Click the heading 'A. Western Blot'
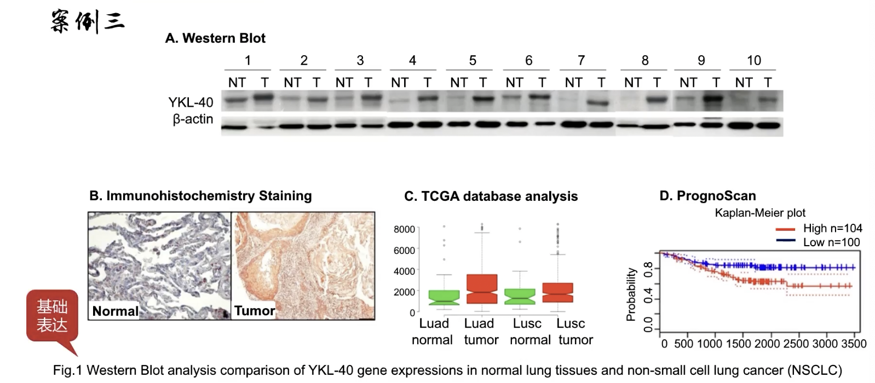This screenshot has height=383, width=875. pos(215,38)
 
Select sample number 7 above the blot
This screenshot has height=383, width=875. pos(581,61)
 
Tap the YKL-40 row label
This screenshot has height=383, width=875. pos(191,102)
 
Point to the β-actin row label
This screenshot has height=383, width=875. pos(193,119)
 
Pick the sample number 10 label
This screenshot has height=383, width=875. pos(753,61)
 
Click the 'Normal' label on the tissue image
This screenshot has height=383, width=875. pos(115,311)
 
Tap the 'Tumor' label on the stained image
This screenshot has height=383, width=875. pos(255,310)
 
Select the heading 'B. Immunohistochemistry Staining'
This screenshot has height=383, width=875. pos(200,196)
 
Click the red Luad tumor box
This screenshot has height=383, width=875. pos(482,289)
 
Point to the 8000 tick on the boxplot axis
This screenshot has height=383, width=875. pos(404,229)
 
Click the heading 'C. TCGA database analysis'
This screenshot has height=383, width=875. pos(491,196)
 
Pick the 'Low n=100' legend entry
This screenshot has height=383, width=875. pos(831,242)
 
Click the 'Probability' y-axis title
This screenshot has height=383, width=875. pos(631,294)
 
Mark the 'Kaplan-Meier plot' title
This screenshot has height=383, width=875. pos(760,213)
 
